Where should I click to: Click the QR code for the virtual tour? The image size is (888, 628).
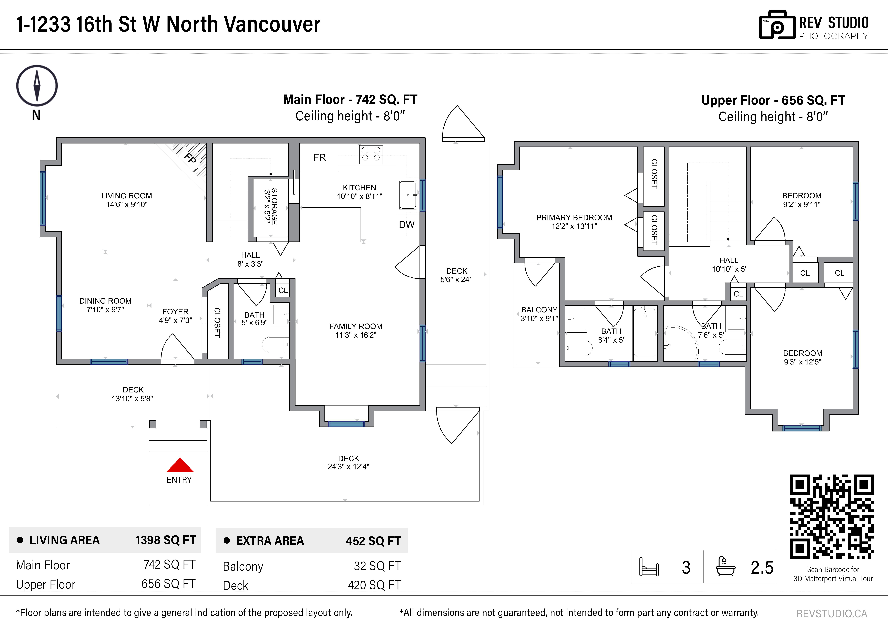[832, 517]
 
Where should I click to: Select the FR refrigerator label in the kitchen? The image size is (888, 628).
[319, 158]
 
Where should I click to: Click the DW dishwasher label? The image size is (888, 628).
[406, 224]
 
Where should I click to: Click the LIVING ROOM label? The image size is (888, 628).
[127, 196]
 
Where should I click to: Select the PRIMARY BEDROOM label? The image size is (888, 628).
[574, 217]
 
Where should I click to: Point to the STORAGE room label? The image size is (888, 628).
[274, 206]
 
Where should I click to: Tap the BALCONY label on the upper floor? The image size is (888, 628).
[539, 310]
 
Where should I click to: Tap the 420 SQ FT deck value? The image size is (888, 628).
[374, 585]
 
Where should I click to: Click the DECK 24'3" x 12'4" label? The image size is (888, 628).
[349, 462]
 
